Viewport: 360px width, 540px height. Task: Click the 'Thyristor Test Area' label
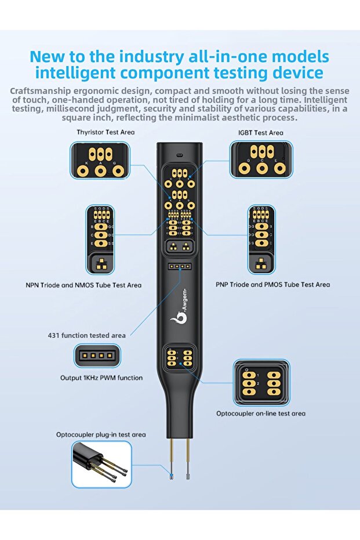[x=106, y=132]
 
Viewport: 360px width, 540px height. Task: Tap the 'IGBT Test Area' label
[x=260, y=133]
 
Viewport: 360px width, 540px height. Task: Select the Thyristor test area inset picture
[x=100, y=161]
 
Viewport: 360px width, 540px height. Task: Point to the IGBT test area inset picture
[x=261, y=160]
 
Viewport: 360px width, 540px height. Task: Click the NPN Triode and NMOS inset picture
[x=100, y=240]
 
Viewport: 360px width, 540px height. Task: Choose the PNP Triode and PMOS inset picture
[x=261, y=240]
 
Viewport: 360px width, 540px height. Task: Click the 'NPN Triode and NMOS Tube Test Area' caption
[x=83, y=285]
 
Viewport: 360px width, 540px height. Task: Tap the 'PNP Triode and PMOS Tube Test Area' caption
[x=272, y=284]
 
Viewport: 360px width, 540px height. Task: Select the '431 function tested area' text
[x=86, y=335]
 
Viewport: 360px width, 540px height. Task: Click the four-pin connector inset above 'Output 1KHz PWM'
[x=97, y=356]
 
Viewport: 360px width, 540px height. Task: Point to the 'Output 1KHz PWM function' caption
[x=101, y=378]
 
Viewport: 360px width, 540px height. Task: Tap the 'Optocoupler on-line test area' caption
[x=261, y=414]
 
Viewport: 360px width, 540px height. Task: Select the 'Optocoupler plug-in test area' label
[x=101, y=434]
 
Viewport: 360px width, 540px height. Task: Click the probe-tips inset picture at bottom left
[x=101, y=464]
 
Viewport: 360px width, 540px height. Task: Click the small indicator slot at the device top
[x=179, y=155]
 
